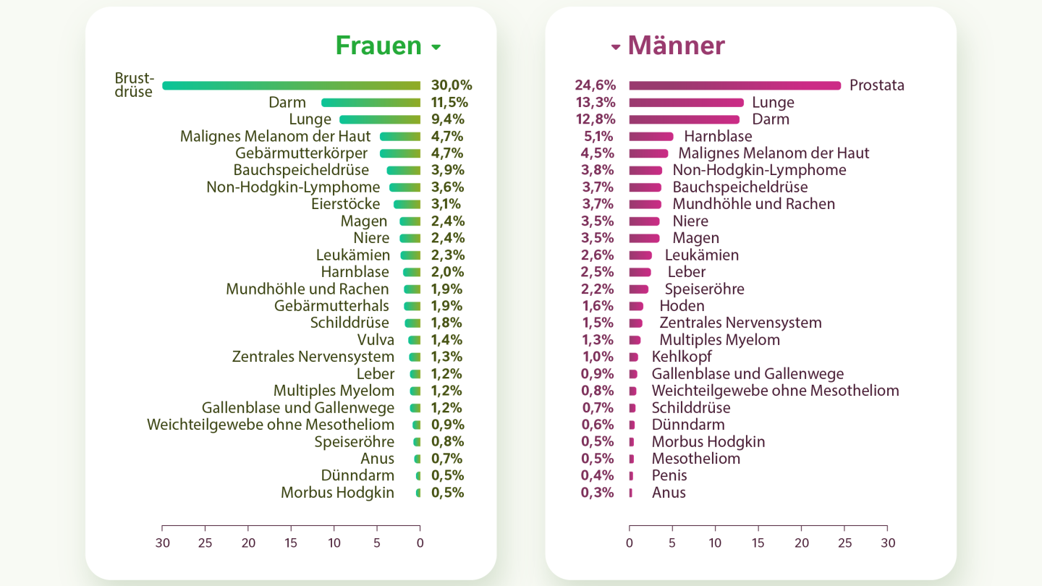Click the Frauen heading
click(378, 46)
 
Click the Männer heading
click(676, 46)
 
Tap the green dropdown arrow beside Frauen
click(436, 48)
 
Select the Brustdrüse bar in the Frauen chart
click(291, 85)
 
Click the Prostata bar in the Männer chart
click(734, 85)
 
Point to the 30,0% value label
click(452, 85)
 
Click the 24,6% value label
click(594, 85)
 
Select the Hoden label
click(682, 306)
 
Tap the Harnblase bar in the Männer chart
click(651, 136)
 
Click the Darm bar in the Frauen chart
click(370, 103)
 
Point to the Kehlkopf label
click(682, 357)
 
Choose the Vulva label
click(376, 340)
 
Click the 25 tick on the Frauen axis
click(206, 543)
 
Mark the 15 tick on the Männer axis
click(758, 543)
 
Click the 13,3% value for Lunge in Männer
click(594, 103)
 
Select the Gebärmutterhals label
click(331, 306)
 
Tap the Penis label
click(669, 475)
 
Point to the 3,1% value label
click(447, 204)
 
